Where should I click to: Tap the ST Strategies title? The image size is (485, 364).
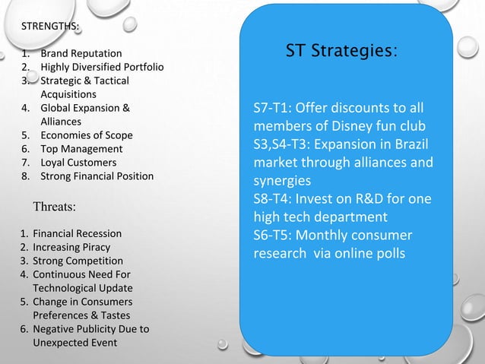pos(340,52)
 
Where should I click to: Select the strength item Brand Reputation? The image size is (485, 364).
pos(81,54)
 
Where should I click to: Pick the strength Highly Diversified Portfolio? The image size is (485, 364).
pos(102,68)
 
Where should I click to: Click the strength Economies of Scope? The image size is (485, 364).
pos(86,135)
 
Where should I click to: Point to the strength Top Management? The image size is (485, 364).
pos(81,149)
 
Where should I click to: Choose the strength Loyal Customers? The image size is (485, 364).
pos(78,163)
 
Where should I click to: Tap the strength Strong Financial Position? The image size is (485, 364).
pos(97,176)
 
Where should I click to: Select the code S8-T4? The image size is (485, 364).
pos(274,199)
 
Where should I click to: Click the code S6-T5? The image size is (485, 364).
pos(274,236)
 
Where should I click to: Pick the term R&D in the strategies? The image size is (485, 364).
pos(369,199)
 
